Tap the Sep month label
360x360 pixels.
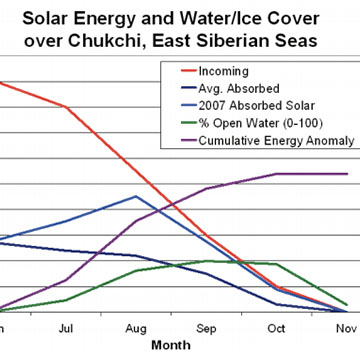[206, 327]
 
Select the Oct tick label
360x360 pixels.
[276, 327]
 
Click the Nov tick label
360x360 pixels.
[345, 327]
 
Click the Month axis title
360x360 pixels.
[170, 345]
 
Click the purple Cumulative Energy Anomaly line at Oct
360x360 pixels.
[276, 173]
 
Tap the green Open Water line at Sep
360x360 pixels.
[206, 261]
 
